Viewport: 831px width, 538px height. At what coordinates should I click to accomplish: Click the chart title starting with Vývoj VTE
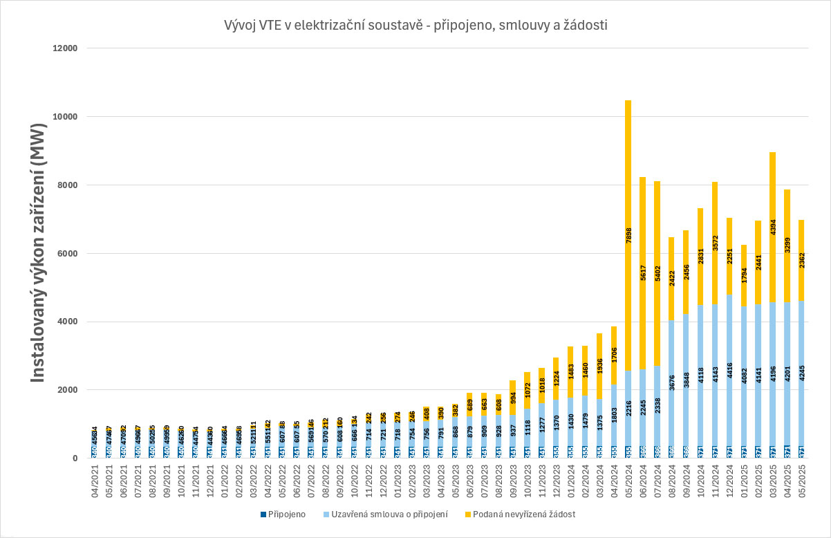point(416,26)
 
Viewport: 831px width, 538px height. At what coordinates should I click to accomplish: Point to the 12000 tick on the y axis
point(68,48)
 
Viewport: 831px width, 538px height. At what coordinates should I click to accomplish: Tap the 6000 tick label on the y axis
point(71,253)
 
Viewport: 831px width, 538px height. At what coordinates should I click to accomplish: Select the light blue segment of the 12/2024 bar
point(729,373)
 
